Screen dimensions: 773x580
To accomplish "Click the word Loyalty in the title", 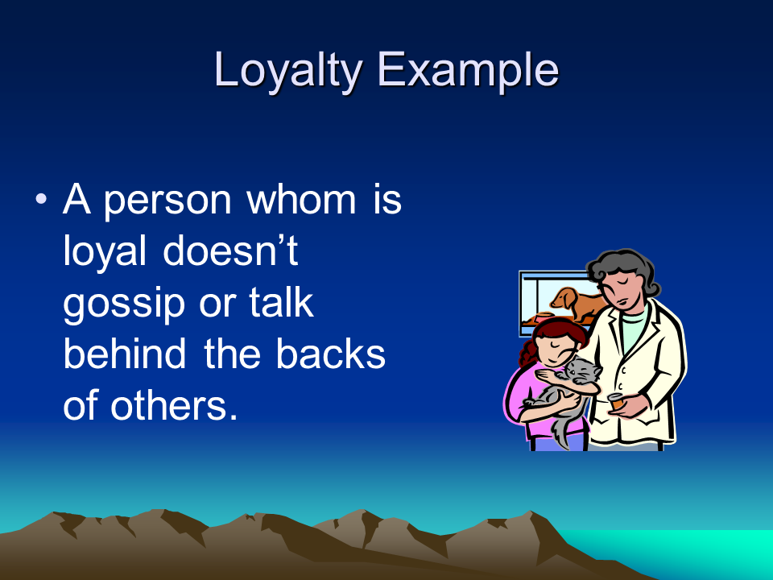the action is pyautogui.click(x=288, y=72).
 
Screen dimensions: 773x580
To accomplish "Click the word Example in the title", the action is pyautogui.click(x=468, y=72).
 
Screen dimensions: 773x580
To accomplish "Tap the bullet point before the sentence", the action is pyautogui.click(x=41, y=199).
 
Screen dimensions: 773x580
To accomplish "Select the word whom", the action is pyautogui.click(x=300, y=200).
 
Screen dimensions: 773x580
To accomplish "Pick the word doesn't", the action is pyautogui.click(x=230, y=251).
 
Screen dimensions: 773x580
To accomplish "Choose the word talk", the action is pyautogui.click(x=281, y=302).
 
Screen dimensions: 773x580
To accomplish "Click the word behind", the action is pyautogui.click(x=125, y=353).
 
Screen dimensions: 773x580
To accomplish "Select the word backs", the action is pyautogui.click(x=330, y=353).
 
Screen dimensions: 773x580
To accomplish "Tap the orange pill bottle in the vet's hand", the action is pyautogui.click(x=616, y=401).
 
